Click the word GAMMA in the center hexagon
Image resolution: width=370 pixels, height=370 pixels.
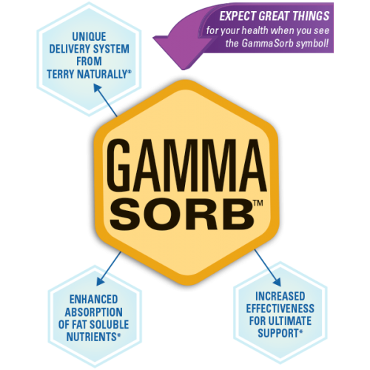click(186, 165)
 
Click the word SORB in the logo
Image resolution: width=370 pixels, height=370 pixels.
click(181, 214)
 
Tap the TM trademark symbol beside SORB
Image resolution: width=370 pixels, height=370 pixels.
click(258, 203)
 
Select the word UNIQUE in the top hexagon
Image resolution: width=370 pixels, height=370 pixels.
click(89, 36)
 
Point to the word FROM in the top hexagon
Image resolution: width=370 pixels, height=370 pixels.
click(89, 61)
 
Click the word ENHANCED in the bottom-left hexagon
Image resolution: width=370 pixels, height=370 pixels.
click(93, 300)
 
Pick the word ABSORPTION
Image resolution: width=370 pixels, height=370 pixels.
click(93, 312)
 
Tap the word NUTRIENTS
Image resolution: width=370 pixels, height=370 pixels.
click(92, 337)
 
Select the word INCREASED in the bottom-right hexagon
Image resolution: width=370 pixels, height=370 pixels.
click(280, 296)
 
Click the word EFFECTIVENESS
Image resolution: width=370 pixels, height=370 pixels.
click(280, 309)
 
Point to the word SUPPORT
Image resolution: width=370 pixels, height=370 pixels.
click(278, 333)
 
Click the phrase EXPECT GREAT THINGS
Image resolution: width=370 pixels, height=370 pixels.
click(275, 16)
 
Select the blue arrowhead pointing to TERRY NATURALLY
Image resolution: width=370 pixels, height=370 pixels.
click(97, 88)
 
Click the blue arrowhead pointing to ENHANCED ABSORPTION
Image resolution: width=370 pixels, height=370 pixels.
click(100, 281)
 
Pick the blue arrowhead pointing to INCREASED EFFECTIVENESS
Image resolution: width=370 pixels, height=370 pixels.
click(277, 282)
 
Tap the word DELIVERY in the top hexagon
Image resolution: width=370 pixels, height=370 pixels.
click(67, 49)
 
